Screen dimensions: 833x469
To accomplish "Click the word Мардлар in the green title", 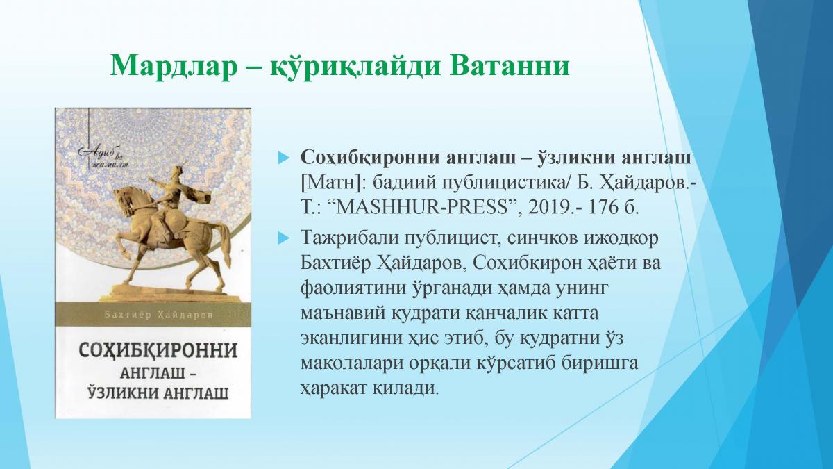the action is pos(174,66).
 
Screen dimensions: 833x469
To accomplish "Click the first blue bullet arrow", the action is pos(283,158).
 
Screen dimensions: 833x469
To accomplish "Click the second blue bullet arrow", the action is pos(283,238).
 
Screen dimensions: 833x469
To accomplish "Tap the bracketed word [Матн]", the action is pos(333,183).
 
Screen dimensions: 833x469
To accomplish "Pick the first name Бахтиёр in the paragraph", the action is pos(335,263).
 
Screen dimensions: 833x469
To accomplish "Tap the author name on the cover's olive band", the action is pos(159,315).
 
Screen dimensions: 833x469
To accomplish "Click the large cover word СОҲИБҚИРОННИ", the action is pos(158,351).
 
